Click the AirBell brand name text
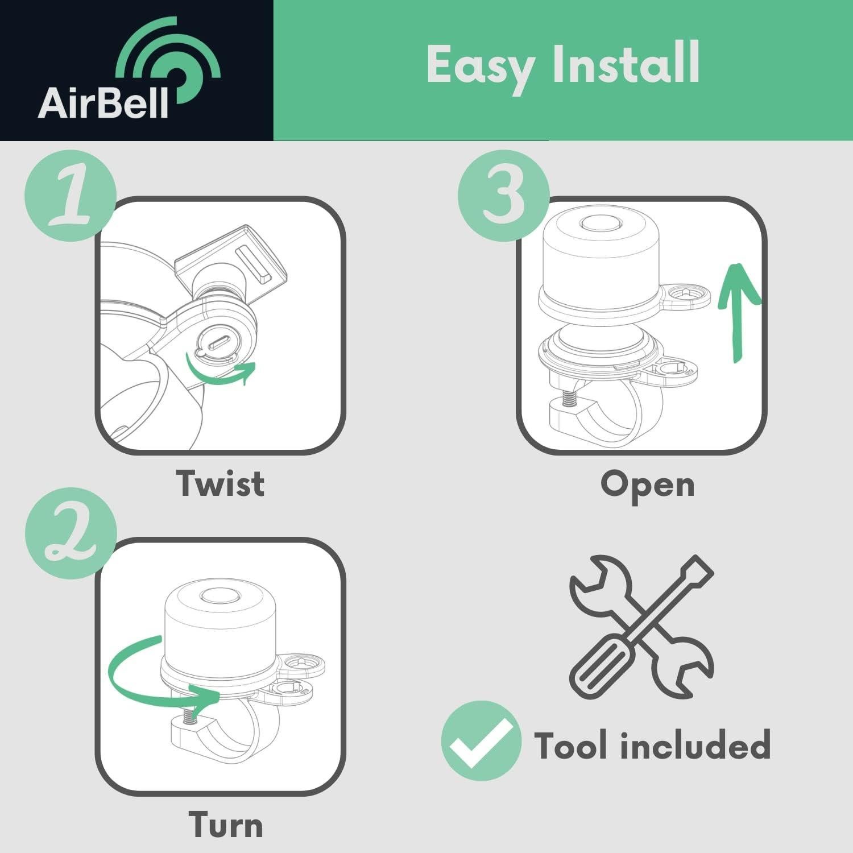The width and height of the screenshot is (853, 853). (103, 103)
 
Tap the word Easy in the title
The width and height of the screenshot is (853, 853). (481, 66)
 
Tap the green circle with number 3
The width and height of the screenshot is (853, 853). (503, 195)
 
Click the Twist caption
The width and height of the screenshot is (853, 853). (220, 483)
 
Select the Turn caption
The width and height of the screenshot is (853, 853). (225, 825)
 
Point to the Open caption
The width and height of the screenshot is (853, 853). (647, 485)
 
